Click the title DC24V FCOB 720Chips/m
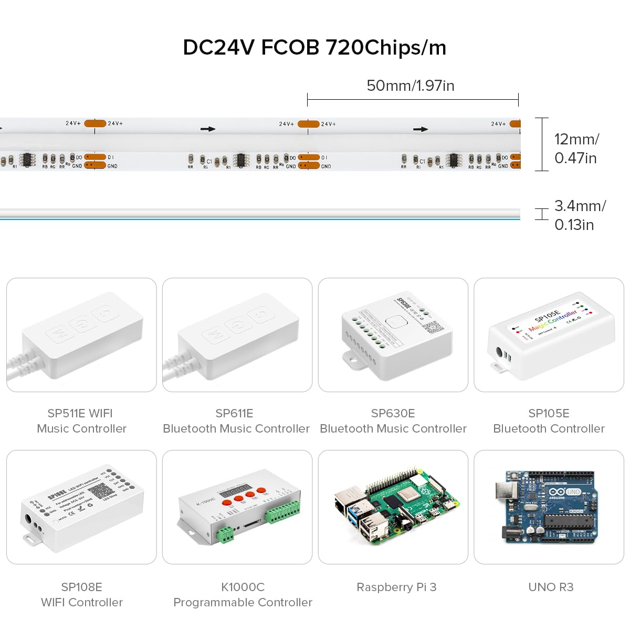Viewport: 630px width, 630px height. pyautogui.click(x=314, y=47)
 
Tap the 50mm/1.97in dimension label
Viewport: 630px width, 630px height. pyautogui.click(x=410, y=86)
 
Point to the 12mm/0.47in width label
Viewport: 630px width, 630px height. pyautogui.click(x=576, y=148)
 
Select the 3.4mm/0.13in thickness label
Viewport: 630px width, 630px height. pyautogui.click(x=580, y=215)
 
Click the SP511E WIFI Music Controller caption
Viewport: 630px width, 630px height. pyautogui.click(x=81, y=421)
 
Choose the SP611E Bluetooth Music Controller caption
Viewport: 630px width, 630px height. pyautogui.click(x=236, y=421)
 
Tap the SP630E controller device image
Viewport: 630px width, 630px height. pyautogui.click(x=396, y=336)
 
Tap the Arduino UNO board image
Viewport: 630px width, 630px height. pyautogui.click(x=546, y=507)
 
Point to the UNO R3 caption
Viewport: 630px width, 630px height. pyautogui.click(x=551, y=587)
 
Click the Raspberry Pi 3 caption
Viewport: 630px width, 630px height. pyautogui.click(x=396, y=587)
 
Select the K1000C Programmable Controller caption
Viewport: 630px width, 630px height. pyautogui.click(x=243, y=594)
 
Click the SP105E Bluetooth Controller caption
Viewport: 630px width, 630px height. pyautogui.click(x=549, y=421)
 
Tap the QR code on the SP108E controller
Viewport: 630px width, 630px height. pyautogui.click(x=99, y=492)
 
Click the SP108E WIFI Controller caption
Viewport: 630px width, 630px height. pyautogui.click(x=81, y=594)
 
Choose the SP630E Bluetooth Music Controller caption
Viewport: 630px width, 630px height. pyautogui.click(x=393, y=421)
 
